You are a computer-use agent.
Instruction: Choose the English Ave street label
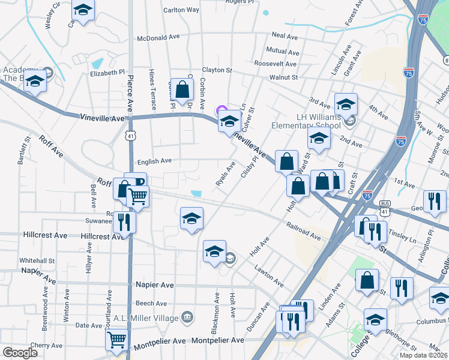pyautogui.click(x=154, y=161)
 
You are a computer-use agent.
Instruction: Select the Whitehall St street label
pyautogui.click(x=37, y=261)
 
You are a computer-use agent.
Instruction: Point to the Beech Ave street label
pyautogui.click(x=151, y=304)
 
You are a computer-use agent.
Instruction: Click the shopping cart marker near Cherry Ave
pyautogui.click(x=116, y=340)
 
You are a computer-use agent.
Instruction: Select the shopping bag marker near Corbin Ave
pyautogui.click(x=182, y=91)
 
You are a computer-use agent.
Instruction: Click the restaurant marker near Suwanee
pyautogui.click(x=124, y=222)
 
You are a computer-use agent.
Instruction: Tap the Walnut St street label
pyautogui.click(x=283, y=77)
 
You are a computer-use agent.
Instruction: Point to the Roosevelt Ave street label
pyautogui.click(x=276, y=64)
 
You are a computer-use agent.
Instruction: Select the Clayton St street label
pyautogui.click(x=217, y=70)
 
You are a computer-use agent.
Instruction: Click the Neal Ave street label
pyautogui.click(x=285, y=37)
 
